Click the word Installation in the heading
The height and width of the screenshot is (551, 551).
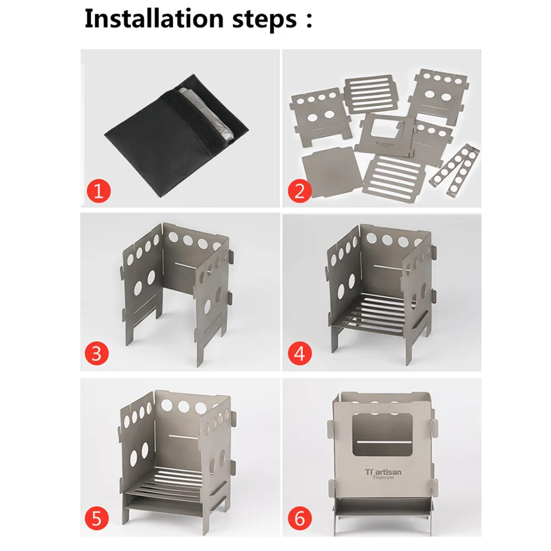point(154,18)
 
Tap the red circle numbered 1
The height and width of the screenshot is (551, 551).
point(99,191)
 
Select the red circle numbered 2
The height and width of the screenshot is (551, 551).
point(300,191)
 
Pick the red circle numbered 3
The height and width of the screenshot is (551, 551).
point(97,353)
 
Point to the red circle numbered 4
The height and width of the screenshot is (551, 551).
point(300,353)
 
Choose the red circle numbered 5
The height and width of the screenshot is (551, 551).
point(97,519)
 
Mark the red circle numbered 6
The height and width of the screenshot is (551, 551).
point(300,519)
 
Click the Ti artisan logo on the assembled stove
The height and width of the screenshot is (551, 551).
point(383,472)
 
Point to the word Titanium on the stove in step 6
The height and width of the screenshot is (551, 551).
point(383,478)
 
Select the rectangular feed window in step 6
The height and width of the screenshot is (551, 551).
point(383,435)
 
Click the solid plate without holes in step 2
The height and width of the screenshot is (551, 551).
point(331,172)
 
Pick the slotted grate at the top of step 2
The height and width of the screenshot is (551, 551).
point(371,94)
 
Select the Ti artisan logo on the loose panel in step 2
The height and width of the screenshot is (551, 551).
point(385,144)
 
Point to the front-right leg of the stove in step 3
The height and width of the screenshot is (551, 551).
point(200,348)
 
